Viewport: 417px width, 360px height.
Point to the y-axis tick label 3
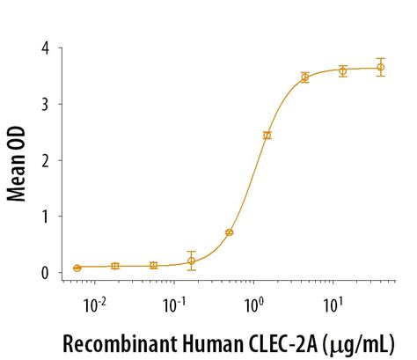(x=44, y=104)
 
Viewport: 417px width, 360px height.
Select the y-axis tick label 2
(x=44, y=160)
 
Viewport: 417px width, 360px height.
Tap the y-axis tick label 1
(x=44, y=217)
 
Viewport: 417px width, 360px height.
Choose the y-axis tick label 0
(x=44, y=273)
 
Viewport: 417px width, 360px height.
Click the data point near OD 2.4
(x=267, y=136)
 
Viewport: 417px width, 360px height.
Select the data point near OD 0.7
(x=230, y=232)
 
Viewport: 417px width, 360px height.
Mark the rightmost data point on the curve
(x=381, y=67)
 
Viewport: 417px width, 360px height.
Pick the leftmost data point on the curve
(x=77, y=268)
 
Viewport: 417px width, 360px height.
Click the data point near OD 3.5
(x=305, y=77)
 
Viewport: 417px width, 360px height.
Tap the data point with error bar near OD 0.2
(x=192, y=261)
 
